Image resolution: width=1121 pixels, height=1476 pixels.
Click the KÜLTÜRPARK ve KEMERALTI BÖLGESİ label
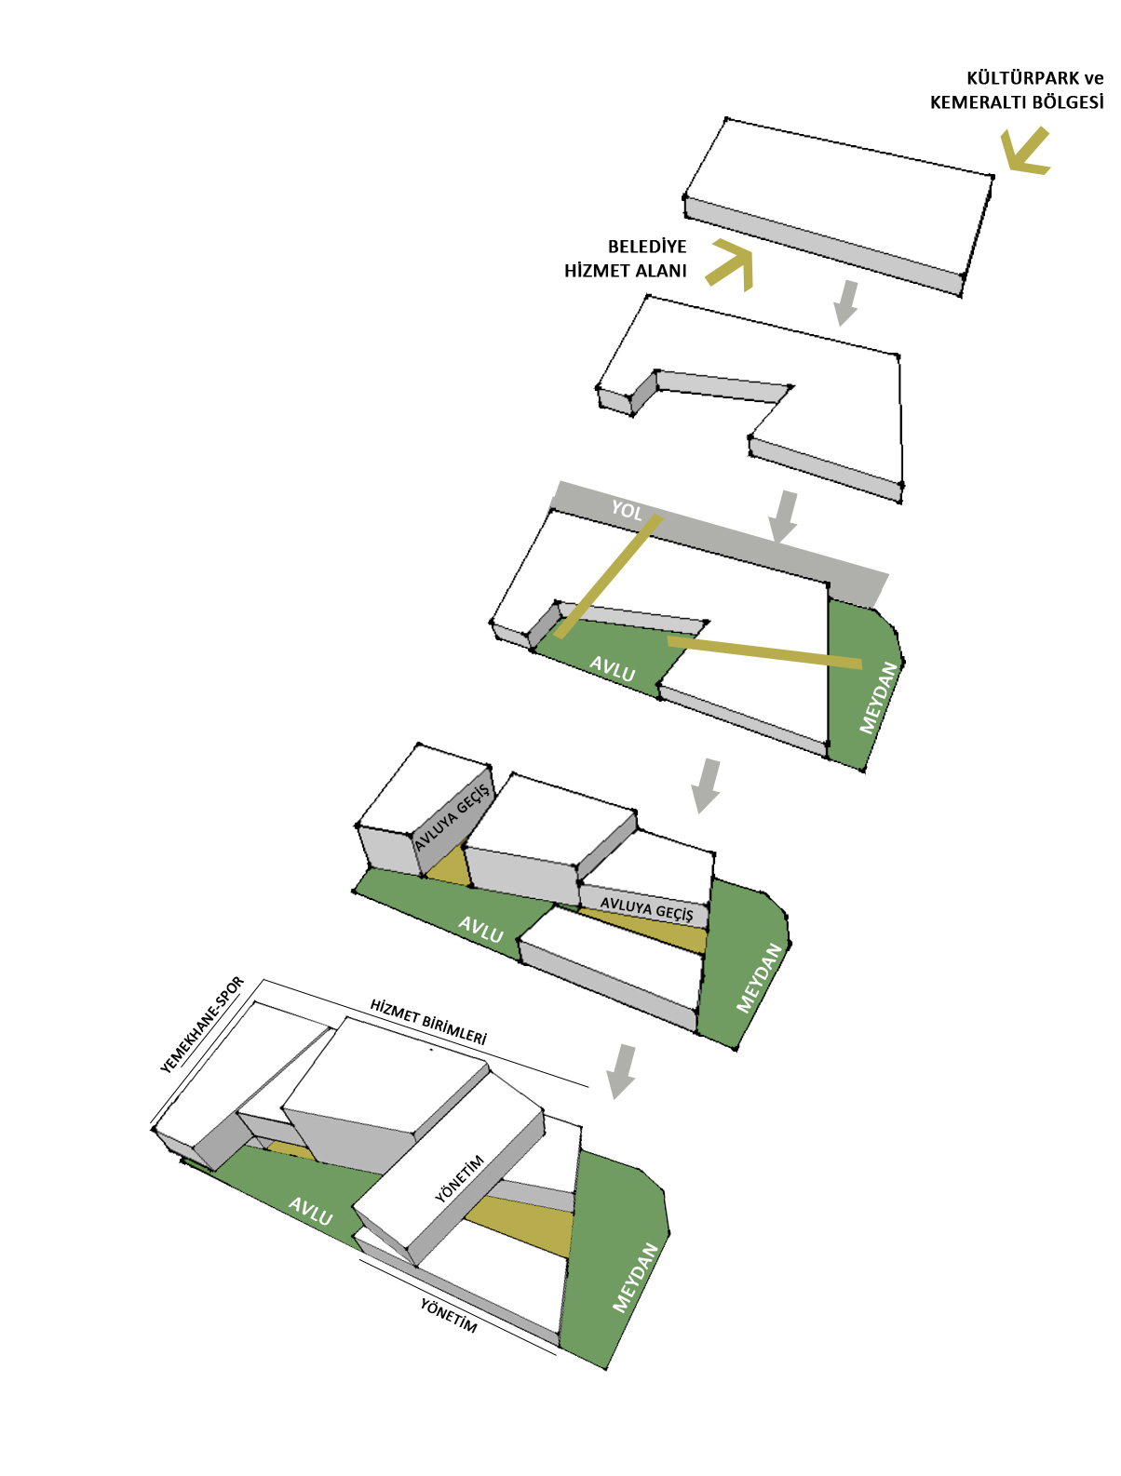1016,90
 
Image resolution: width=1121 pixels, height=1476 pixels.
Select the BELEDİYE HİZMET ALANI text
625,258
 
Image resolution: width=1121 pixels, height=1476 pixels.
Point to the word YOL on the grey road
626,510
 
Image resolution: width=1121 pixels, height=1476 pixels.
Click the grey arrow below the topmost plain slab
846,302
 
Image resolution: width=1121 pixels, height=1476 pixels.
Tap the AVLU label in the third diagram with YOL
612,668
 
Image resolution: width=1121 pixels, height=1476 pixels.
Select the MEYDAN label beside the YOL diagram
878,697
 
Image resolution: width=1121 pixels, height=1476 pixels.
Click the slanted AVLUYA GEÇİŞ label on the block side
452,817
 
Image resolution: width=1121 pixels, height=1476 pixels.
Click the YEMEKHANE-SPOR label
201,1026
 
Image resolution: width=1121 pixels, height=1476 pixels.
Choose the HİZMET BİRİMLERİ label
428,1022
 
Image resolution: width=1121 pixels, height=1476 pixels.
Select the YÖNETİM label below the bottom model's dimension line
449,1316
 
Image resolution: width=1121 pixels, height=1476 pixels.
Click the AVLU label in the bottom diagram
310,1211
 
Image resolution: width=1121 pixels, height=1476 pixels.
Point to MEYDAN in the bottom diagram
634,1278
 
